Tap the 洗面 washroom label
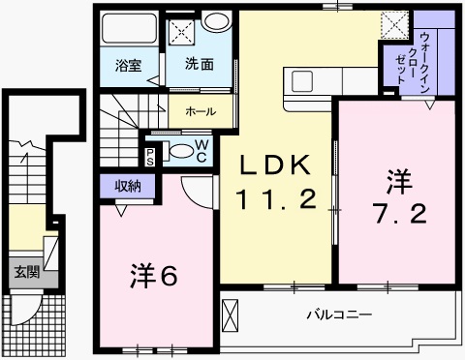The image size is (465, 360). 201,67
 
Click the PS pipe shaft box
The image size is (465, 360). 151,156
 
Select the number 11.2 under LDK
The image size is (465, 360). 276,201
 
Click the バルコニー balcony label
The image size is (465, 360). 333,315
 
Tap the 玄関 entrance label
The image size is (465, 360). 25,273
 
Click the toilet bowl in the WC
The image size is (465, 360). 180,151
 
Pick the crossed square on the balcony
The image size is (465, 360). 231,315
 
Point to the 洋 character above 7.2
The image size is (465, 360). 397,180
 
